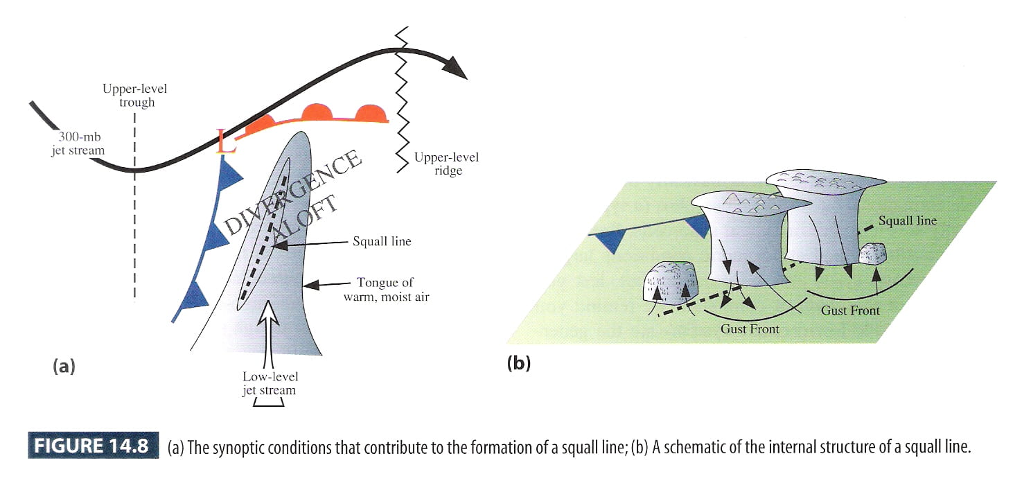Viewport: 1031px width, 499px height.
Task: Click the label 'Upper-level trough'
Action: (x=134, y=96)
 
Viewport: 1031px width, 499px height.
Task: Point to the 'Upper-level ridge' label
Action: (x=446, y=164)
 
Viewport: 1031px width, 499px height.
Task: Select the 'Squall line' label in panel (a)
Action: (x=382, y=241)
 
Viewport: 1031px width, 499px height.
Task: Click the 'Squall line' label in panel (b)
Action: (x=907, y=221)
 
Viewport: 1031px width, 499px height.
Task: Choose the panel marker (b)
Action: (x=518, y=362)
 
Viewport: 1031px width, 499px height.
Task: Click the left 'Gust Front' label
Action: (x=750, y=329)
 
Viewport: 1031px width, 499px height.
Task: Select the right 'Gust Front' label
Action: (x=850, y=310)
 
